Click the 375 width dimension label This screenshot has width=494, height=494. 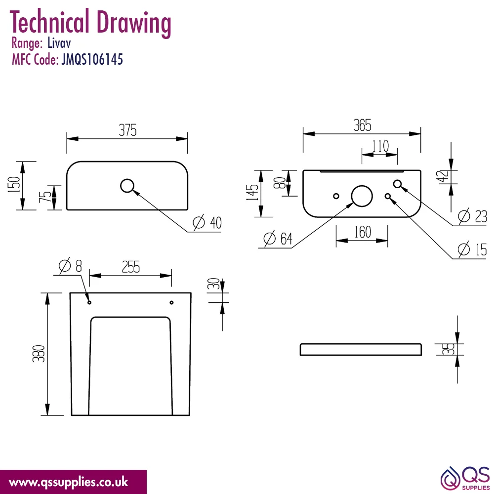tap(127, 130)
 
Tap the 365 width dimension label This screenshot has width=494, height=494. tap(362, 125)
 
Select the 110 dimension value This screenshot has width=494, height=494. tap(380, 146)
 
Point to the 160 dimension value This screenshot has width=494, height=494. tap(363, 232)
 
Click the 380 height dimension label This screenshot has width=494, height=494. tap(39, 354)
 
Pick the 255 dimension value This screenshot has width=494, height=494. tap(131, 267)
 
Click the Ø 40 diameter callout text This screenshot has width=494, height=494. tap(207, 222)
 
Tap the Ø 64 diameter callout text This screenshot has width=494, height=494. tap(278, 238)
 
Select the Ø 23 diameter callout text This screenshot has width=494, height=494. tap(472, 216)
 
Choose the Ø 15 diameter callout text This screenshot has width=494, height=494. tap(472, 249)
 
